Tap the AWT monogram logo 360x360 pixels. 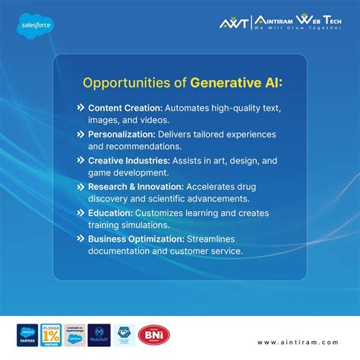tap(229, 24)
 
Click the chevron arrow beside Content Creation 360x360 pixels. tap(81, 108)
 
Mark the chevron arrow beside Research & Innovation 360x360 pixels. tap(81, 185)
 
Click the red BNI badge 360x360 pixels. tap(153, 335)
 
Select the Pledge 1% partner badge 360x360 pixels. tap(51, 335)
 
